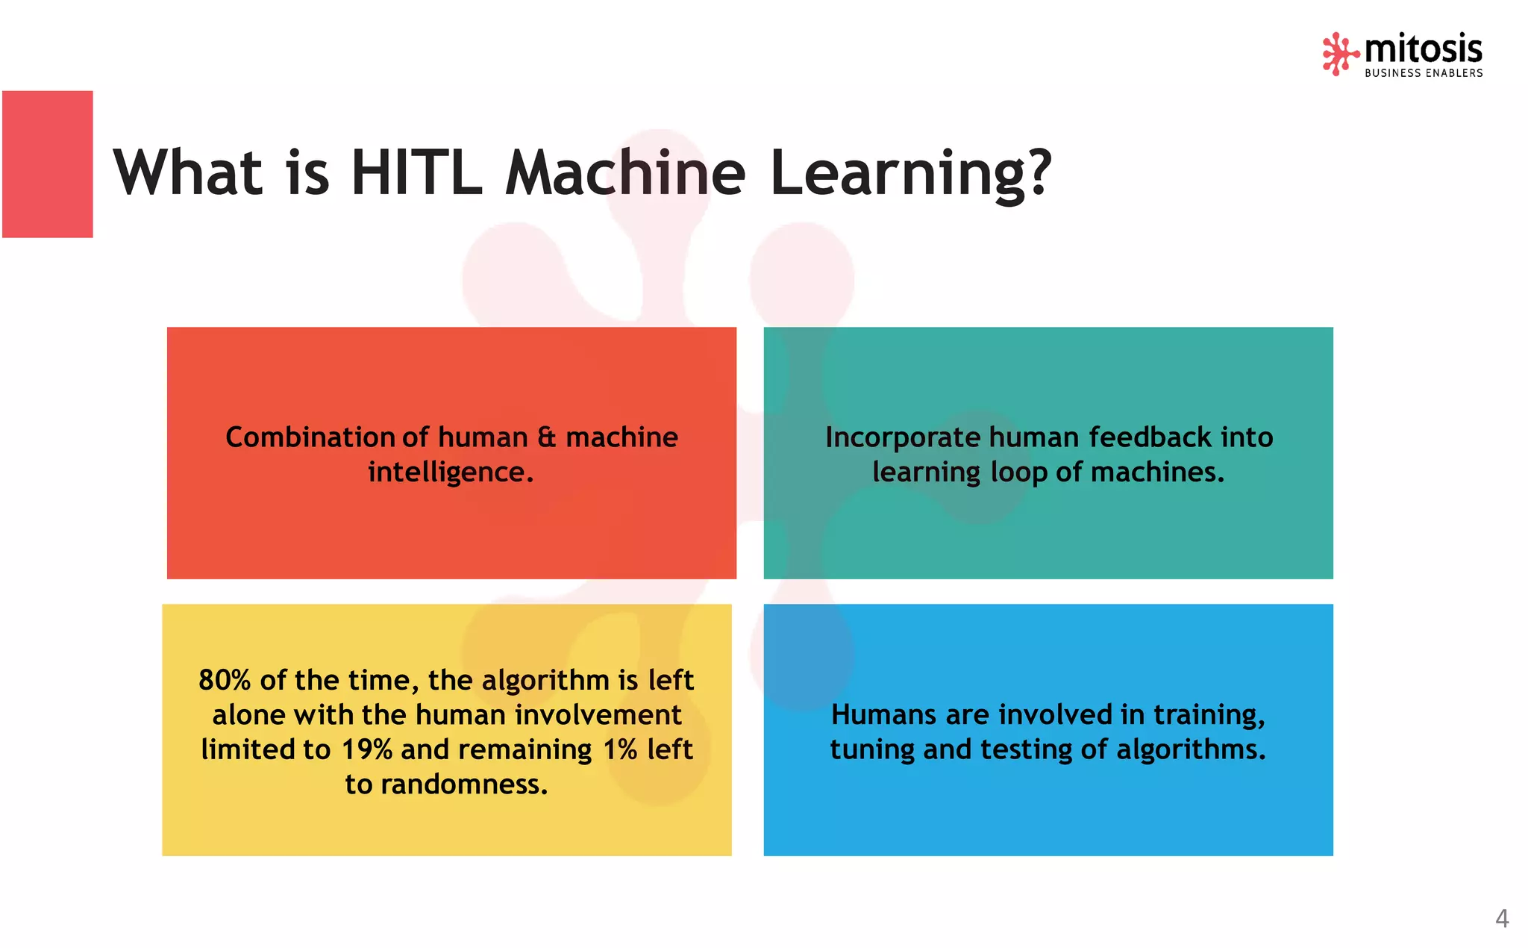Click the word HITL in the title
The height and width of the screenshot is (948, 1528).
(x=416, y=172)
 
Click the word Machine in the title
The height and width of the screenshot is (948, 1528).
(x=625, y=172)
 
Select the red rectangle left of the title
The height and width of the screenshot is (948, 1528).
(x=48, y=164)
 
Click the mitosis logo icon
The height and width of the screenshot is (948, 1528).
(x=1340, y=54)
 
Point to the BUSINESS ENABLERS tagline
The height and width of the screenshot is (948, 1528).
(x=1424, y=73)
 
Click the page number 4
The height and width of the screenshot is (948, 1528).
(x=1502, y=918)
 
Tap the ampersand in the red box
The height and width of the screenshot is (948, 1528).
(x=547, y=437)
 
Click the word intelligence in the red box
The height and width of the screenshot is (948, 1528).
(x=451, y=473)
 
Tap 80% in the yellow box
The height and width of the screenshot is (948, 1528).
(x=225, y=680)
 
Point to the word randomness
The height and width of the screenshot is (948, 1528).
(x=464, y=785)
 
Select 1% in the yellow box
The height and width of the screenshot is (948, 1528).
(x=620, y=749)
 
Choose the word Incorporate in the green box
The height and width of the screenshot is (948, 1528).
(x=902, y=437)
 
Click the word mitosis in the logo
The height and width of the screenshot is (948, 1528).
(x=1423, y=49)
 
